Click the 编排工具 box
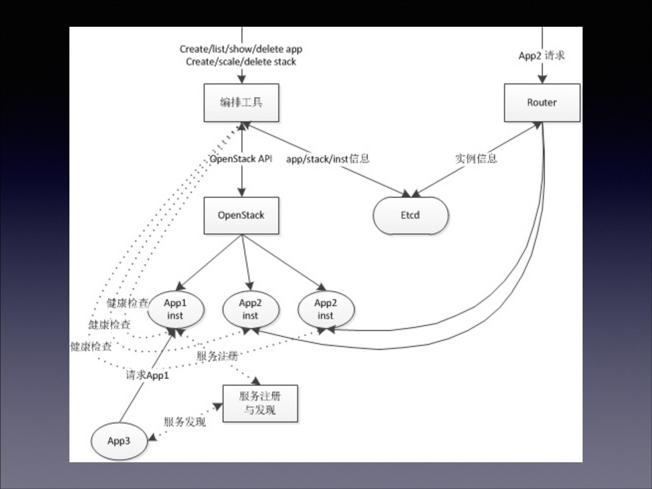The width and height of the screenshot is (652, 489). tap(241, 103)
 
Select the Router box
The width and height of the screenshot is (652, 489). tap(542, 103)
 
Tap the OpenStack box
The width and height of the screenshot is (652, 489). tap(241, 215)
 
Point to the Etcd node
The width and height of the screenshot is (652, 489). tap(411, 215)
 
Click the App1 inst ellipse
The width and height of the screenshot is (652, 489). tap(175, 309)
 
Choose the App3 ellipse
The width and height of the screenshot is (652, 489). tap(119, 441)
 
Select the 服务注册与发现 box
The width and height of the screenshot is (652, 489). tap(260, 403)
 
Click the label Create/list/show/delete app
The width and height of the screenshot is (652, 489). tap(241, 49)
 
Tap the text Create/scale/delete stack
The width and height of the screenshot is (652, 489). tap(241, 62)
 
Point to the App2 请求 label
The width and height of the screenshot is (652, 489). tap(542, 55)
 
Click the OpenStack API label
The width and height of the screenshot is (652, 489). tap(241, 159)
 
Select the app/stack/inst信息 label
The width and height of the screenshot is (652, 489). tap(328, 159)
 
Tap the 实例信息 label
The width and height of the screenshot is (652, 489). tap(476, 159)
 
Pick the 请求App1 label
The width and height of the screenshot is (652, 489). tap(148, 375)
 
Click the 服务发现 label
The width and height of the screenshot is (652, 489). tap(185, 422)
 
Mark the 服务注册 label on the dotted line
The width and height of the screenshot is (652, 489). tap(216, 356)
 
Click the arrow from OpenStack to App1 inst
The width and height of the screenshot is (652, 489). tap(210, 262)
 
